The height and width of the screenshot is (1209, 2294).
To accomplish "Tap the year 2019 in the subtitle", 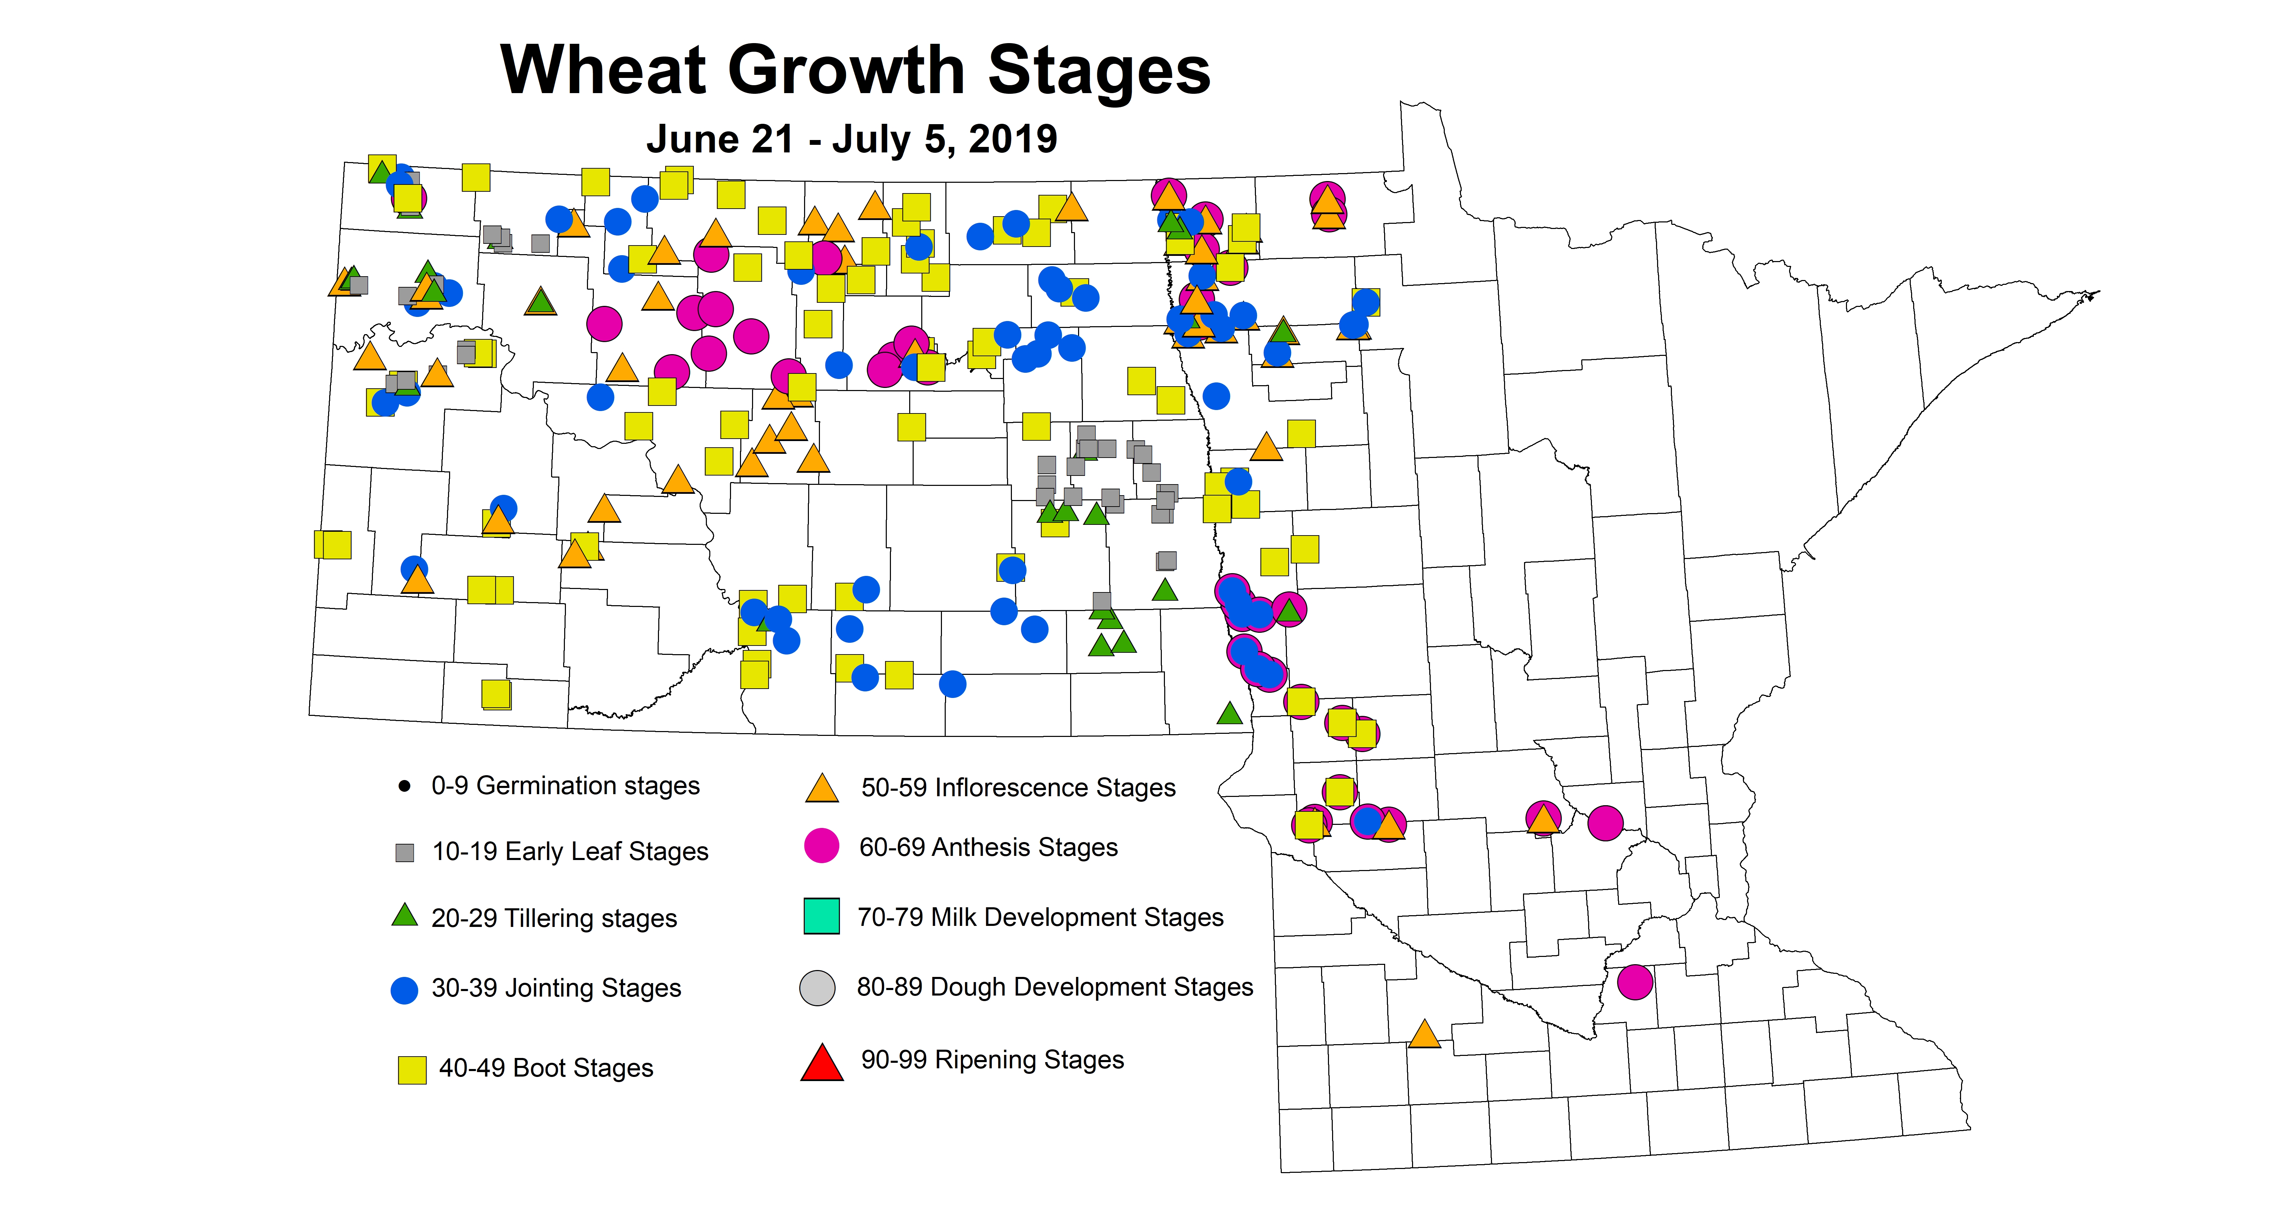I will point(1013,139).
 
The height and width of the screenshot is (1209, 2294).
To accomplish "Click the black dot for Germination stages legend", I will point(404,786).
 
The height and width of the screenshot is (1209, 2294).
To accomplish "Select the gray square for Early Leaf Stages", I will point(404,853).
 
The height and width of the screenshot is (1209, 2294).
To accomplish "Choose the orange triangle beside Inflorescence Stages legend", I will point(821,789).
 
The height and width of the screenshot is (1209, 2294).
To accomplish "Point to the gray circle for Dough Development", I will point(818,987).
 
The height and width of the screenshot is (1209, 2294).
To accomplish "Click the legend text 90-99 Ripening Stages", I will point(992,1060).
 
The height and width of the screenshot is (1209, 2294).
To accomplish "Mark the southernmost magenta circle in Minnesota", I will point(1635,982).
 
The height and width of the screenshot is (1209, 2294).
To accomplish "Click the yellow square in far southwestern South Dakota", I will point(496,694).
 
